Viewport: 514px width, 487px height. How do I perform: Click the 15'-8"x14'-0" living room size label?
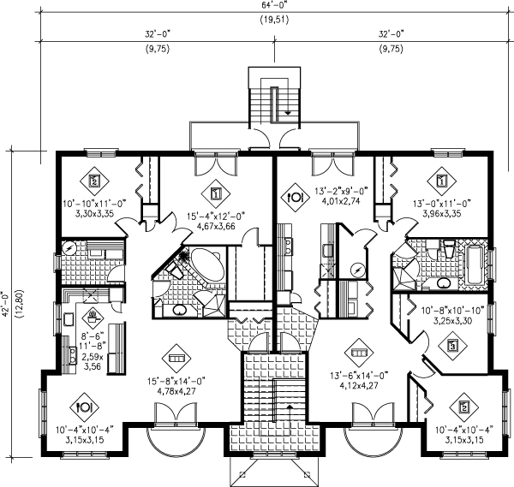pos(176,381)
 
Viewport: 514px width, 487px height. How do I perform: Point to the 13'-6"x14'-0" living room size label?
pos(359,376)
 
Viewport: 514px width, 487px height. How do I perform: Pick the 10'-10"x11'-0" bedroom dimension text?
pos(95,204)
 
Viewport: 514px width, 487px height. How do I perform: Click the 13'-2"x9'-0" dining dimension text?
pos(342,191)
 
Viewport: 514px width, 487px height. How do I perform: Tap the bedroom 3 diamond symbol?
pos(453,345)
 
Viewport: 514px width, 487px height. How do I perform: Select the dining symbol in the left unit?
pos(85,407)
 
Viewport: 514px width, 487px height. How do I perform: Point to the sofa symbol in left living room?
pos(176,359)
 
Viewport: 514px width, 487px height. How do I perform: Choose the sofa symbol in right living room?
pos(359,353)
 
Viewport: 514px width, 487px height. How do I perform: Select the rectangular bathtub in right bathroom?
pos(474,264)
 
